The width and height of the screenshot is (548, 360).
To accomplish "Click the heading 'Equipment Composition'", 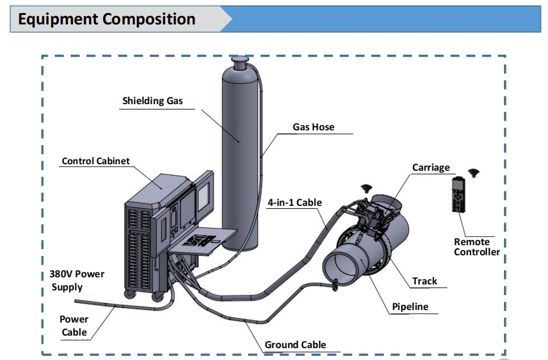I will click(107, 19).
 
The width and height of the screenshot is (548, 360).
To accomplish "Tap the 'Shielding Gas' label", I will click(152, 101).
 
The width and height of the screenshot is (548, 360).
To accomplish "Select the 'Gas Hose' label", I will click(314, 127).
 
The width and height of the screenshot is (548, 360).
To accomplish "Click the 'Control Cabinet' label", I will click(96, 161).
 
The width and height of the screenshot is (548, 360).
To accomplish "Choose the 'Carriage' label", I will click(431, 167).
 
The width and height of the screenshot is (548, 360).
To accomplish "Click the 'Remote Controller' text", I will click(477, 247).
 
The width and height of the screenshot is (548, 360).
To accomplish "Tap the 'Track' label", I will click(424, 281).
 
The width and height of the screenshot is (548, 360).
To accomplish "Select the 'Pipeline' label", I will click(410, 307).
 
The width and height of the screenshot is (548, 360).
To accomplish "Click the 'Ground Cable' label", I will click(295, 345).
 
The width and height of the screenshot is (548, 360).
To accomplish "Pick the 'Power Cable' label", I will click(74, 326).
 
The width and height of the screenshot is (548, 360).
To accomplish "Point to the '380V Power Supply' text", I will click(76, 280).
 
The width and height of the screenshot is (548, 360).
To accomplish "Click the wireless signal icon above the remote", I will click(474, 173).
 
